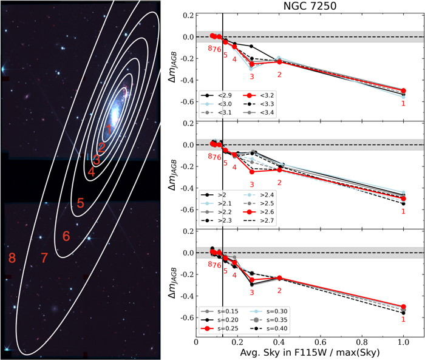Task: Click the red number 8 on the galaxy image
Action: [x=11, y=258]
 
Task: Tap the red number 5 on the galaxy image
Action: [x=80, y=204]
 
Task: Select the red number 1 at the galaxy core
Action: [x=108, y=129]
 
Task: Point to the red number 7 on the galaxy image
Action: [x=44, y=258]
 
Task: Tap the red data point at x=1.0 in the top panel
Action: [x=404, y=90]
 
